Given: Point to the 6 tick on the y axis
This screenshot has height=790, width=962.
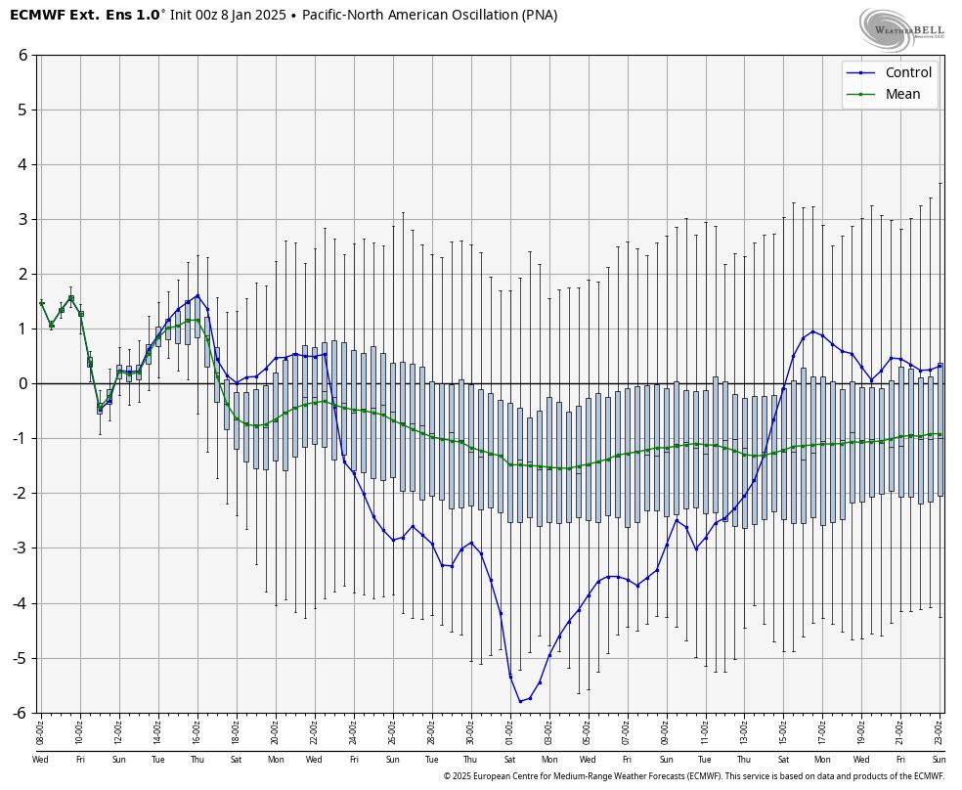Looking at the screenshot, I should [x=22, y=55].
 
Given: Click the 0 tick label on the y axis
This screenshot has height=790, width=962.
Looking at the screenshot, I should [x=22, y=383].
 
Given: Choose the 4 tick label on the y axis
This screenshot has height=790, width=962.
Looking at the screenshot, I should [x=22, y=164].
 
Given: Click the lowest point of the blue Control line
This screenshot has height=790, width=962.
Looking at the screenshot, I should [x=520, y=701].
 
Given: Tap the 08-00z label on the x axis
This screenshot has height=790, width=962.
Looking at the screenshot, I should [x=40, y=728].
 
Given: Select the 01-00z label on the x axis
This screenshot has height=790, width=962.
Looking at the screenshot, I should [x=509, y=728].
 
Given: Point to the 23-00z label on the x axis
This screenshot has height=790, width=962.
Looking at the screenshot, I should [x=940, y=728].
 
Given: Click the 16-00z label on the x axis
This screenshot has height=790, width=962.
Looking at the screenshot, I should [x=197, y=728].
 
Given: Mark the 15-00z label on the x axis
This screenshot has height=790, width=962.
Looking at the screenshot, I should [x=783, y=728].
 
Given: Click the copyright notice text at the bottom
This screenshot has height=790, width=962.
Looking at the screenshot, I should [x=693, y=776].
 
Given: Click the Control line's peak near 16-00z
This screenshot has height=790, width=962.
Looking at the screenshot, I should [x=197, y=295].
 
